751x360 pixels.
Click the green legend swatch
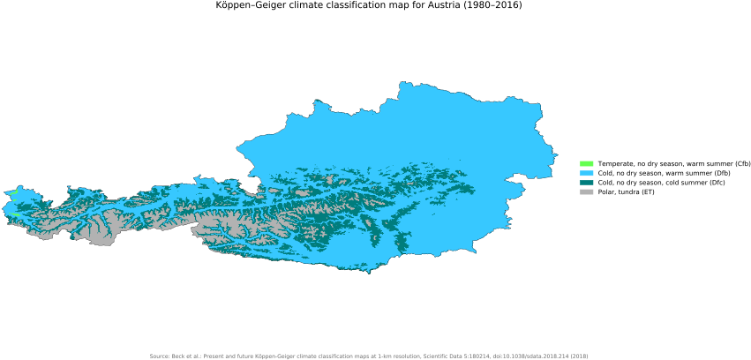[587, 163]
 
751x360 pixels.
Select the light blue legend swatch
[587, 173]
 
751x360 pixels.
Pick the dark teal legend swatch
[587, 182]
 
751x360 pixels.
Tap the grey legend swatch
[587, 191]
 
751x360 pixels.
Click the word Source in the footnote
[159, 356]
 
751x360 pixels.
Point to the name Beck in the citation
[179, 356]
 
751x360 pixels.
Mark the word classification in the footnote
[345, 356]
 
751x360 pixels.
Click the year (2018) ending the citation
[579, 356]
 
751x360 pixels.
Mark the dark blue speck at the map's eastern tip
[556, 156]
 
